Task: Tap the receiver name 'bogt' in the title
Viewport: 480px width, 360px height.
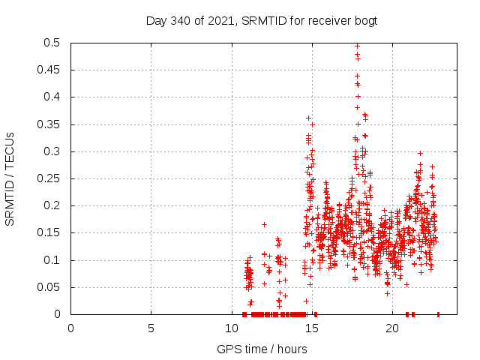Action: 365,21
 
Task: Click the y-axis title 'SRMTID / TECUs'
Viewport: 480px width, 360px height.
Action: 10,178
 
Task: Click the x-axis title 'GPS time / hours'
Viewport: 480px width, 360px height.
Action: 262,349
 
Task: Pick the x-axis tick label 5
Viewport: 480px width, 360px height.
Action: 151,328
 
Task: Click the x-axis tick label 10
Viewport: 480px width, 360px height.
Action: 231,328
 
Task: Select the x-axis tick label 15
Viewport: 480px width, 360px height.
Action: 311,328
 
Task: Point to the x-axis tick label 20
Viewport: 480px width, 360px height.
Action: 391,328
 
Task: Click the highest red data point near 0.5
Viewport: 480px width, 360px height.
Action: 357,46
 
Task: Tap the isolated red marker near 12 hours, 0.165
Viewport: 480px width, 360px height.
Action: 264,224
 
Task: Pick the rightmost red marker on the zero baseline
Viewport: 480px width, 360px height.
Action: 438,314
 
